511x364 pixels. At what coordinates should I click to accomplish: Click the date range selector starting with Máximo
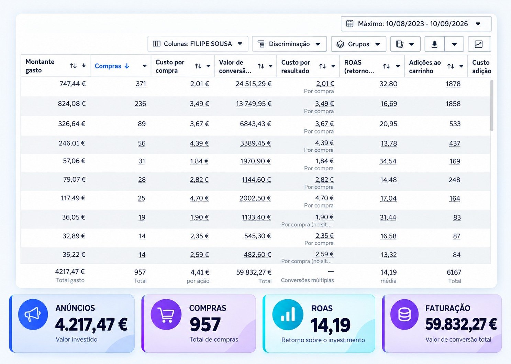(416, 24)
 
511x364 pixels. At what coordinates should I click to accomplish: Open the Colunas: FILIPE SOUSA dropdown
(198, 44)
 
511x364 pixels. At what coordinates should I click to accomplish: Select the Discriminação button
(289, 44)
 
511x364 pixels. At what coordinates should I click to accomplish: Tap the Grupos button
(358, 44)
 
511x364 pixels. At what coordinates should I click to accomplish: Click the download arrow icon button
(434, 44)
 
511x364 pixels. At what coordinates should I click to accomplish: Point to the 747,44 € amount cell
(73, 84)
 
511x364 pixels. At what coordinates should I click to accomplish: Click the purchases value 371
(141, 84)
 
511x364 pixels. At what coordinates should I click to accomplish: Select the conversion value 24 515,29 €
(254, 84)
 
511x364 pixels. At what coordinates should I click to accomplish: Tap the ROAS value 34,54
(388, 161)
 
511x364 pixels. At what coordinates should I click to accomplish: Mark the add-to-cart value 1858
(453, 104)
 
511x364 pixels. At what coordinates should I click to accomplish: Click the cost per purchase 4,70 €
(199, 198)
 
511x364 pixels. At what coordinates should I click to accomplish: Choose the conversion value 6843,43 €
(255, 124)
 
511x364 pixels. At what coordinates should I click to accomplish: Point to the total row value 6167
(454, 272)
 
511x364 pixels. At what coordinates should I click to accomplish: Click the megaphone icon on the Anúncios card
(33, 314)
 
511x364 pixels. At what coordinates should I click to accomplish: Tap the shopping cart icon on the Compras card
(166, 314)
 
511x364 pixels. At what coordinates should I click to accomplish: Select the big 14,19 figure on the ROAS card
(331, 325)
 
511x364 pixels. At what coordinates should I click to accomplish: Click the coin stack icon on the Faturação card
(404, 314)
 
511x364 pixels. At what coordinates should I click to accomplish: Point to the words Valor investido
(76, 339)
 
